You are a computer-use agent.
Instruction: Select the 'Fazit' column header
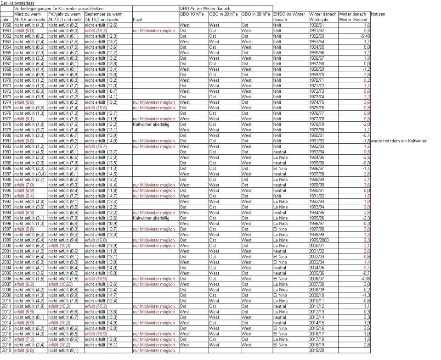137,20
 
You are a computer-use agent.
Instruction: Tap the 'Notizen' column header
378,14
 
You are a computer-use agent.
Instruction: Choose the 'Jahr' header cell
5,20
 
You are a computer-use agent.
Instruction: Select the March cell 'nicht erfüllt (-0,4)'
29,174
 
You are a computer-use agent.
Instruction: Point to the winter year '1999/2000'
321,240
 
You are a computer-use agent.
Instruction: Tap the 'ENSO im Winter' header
289,14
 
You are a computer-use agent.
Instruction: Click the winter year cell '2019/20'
317,350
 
